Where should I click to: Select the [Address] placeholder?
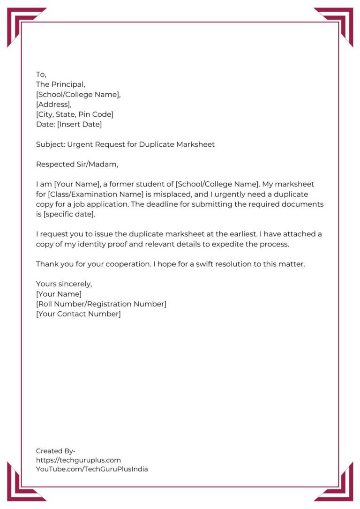(x=53, y=105)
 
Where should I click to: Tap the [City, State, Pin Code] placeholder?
(x=75, y=114)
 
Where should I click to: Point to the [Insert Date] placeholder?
(x=79, y=124)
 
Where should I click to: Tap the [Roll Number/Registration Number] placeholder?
(x=101, y=304)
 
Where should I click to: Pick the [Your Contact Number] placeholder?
(x=78, y=314)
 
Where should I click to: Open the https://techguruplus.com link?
(x=78, y=460)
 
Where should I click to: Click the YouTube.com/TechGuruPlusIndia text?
(x=92, y=469)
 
